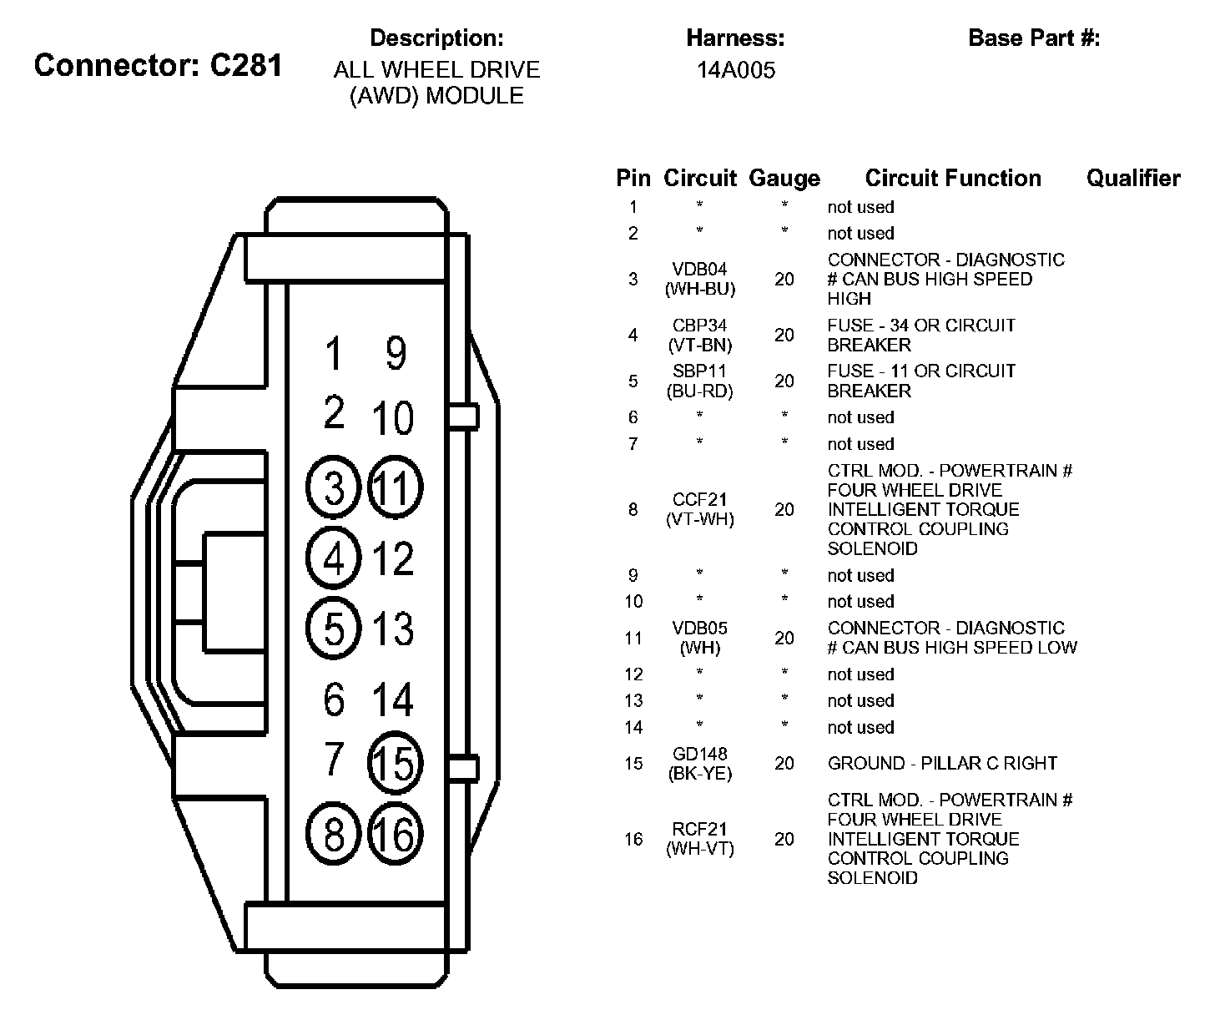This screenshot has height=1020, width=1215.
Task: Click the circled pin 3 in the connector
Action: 334,487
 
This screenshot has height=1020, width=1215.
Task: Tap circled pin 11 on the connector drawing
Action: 395,487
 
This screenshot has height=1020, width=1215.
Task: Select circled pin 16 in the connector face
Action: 395,833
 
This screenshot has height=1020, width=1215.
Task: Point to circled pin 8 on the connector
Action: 334,833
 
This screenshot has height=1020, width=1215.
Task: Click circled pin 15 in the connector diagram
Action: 395,762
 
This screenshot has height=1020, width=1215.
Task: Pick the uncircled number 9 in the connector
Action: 396,352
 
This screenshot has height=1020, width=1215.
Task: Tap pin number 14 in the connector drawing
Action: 392,699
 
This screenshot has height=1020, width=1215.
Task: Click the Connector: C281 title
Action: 159,65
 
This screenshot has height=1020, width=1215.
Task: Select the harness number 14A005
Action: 736,70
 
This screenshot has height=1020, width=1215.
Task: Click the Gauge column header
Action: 784,178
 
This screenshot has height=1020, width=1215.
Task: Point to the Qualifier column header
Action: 1133,178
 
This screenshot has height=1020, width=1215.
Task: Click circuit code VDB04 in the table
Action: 700,269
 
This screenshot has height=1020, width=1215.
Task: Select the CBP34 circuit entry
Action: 700,326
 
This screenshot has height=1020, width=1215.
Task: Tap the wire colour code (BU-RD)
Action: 700,391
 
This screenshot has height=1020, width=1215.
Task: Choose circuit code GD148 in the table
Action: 700,754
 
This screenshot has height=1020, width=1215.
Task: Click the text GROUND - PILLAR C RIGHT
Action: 942,763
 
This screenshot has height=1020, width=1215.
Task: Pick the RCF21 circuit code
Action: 700,829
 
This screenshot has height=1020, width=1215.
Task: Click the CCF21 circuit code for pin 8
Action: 700,499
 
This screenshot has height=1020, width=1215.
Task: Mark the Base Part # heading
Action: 1034,38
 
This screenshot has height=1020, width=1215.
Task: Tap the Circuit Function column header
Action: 953,178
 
